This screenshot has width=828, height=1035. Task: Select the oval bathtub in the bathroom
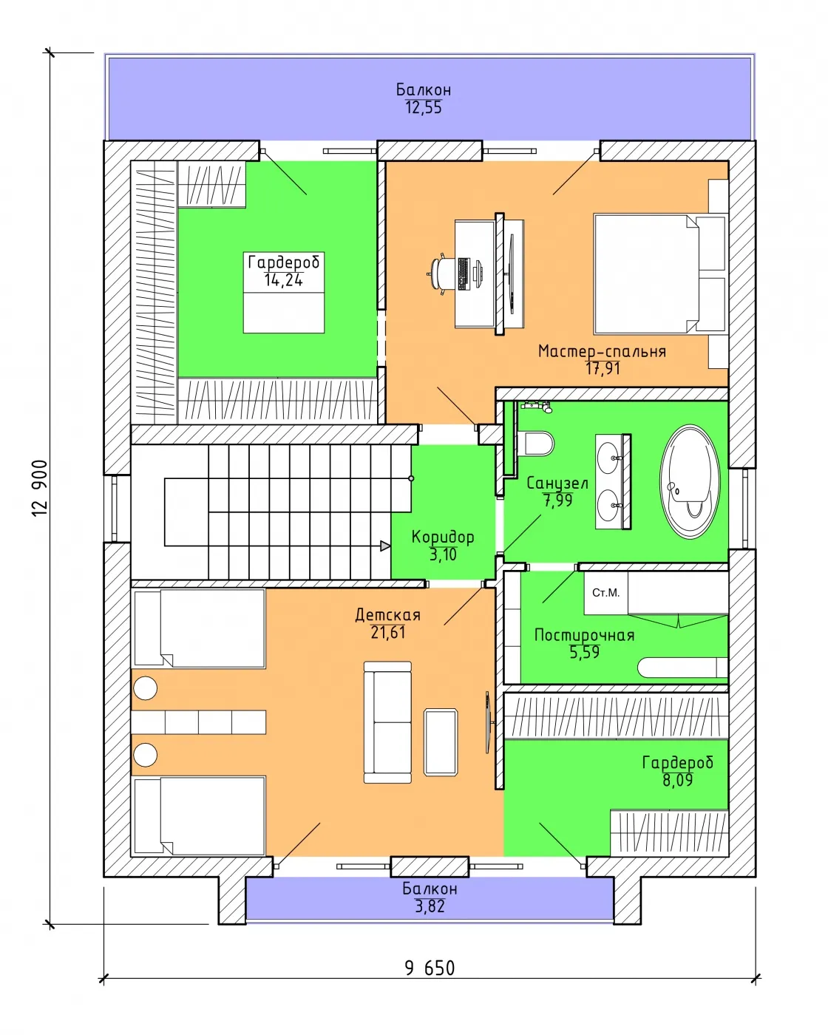tap(690, 481)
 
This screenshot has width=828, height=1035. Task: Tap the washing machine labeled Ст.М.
tap(605, 592)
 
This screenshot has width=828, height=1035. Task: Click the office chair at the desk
tap(442, 274)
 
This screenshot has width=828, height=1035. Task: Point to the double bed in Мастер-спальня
tap(659, 274)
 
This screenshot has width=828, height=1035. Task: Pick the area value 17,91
tap(603, 369)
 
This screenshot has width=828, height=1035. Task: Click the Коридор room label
tap(443, 537)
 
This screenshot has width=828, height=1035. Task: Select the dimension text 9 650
tap(430, 968)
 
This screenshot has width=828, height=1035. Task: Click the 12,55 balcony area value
tap(424, 108)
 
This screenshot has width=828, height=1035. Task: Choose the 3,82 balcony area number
tap(430, 906)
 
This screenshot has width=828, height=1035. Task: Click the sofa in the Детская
tap(387, 722)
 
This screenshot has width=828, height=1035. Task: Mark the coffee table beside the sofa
tap(440, 742)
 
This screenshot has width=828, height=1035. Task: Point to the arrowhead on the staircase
tap(385, 546)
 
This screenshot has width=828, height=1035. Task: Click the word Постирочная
tap(585, 636)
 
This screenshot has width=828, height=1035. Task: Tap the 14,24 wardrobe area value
tap(283, 280)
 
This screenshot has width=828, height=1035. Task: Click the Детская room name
tap(388, 614)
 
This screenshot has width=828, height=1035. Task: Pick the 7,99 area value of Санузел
tap(557, 500)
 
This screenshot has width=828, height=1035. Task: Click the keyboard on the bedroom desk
tap(464, 274)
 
